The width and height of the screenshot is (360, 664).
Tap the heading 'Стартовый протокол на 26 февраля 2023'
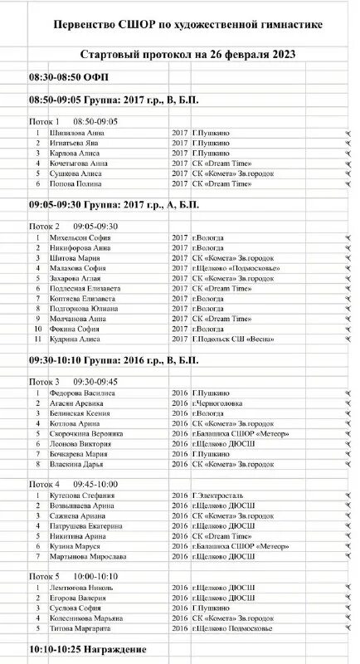[188, 55]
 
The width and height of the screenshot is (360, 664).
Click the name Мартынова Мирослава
[90, 556]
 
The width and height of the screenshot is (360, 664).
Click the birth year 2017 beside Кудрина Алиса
[180, 339]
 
